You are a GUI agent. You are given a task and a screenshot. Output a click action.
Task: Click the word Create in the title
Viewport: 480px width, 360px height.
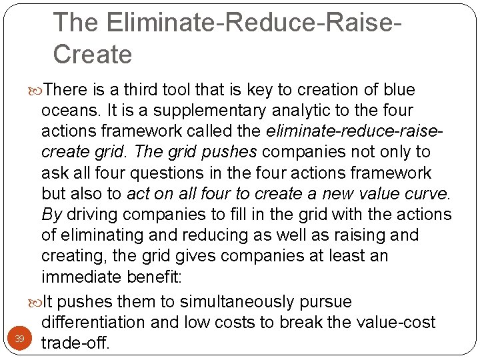[93, 54]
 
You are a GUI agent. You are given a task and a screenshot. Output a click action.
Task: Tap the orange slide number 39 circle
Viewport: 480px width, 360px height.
[20, 339]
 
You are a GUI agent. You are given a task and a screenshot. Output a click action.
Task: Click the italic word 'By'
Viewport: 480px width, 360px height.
[52, 215]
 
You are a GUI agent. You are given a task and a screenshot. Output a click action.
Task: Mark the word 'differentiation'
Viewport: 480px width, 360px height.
[93, 323]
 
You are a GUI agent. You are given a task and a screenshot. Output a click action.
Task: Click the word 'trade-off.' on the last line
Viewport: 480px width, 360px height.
[75, 343]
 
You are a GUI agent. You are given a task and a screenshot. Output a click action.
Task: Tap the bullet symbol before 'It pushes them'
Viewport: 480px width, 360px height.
[36, 303]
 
